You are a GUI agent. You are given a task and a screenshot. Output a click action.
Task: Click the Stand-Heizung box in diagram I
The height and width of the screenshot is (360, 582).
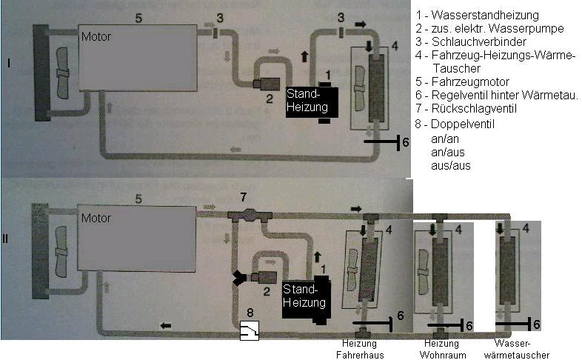pyautogui.click(x=312, y=101)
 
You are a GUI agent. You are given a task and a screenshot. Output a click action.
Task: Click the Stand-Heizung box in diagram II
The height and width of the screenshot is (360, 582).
pyautogui.click(x=305, y=296)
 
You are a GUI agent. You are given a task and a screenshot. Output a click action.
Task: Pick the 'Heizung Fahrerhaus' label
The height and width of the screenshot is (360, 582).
pyautogui.click(x=361, y=348)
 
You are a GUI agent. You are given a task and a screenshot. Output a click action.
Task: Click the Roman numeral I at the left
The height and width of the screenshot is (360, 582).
pyautogui.click(x=7, y=64)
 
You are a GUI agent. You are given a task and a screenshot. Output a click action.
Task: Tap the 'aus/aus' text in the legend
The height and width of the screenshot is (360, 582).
pyautogui.click(x=450, y=166)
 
